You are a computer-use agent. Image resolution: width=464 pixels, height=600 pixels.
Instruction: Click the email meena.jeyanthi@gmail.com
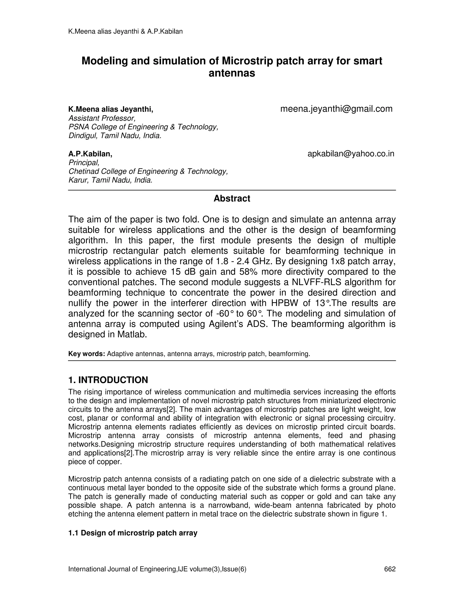coord(336,109)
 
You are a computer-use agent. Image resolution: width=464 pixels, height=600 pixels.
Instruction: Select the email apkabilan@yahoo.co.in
coord(351,154)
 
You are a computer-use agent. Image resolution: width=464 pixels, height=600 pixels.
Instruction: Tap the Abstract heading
coord(232,198)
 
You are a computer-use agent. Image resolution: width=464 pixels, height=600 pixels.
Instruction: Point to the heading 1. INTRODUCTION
coord(108,380)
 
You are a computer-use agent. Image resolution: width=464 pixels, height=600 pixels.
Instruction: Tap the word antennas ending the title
coord(232,73)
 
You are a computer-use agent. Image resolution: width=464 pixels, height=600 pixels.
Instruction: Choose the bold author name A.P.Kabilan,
coord(90,154)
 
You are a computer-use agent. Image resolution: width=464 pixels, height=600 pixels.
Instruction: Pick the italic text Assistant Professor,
coord(102,118)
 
